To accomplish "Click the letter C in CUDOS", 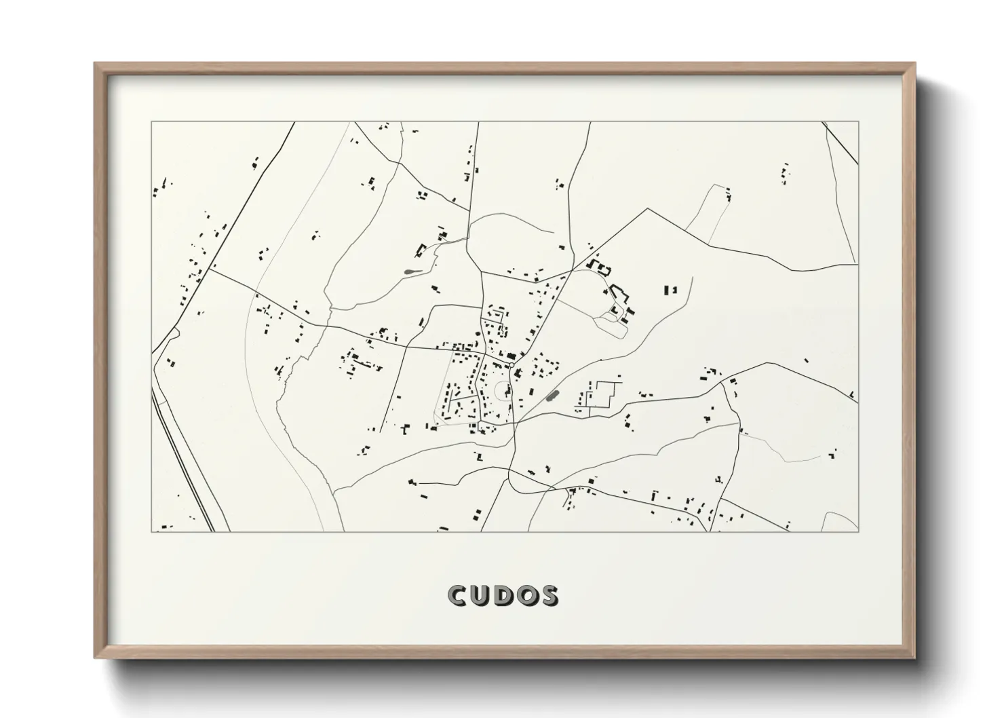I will tap(457, 595).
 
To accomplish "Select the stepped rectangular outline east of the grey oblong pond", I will tap(603, 394).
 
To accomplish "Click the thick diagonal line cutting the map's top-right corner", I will tap(841, 143).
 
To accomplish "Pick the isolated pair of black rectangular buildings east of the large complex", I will tap(670, 290).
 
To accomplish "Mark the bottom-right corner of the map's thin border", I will tap(858, 531).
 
